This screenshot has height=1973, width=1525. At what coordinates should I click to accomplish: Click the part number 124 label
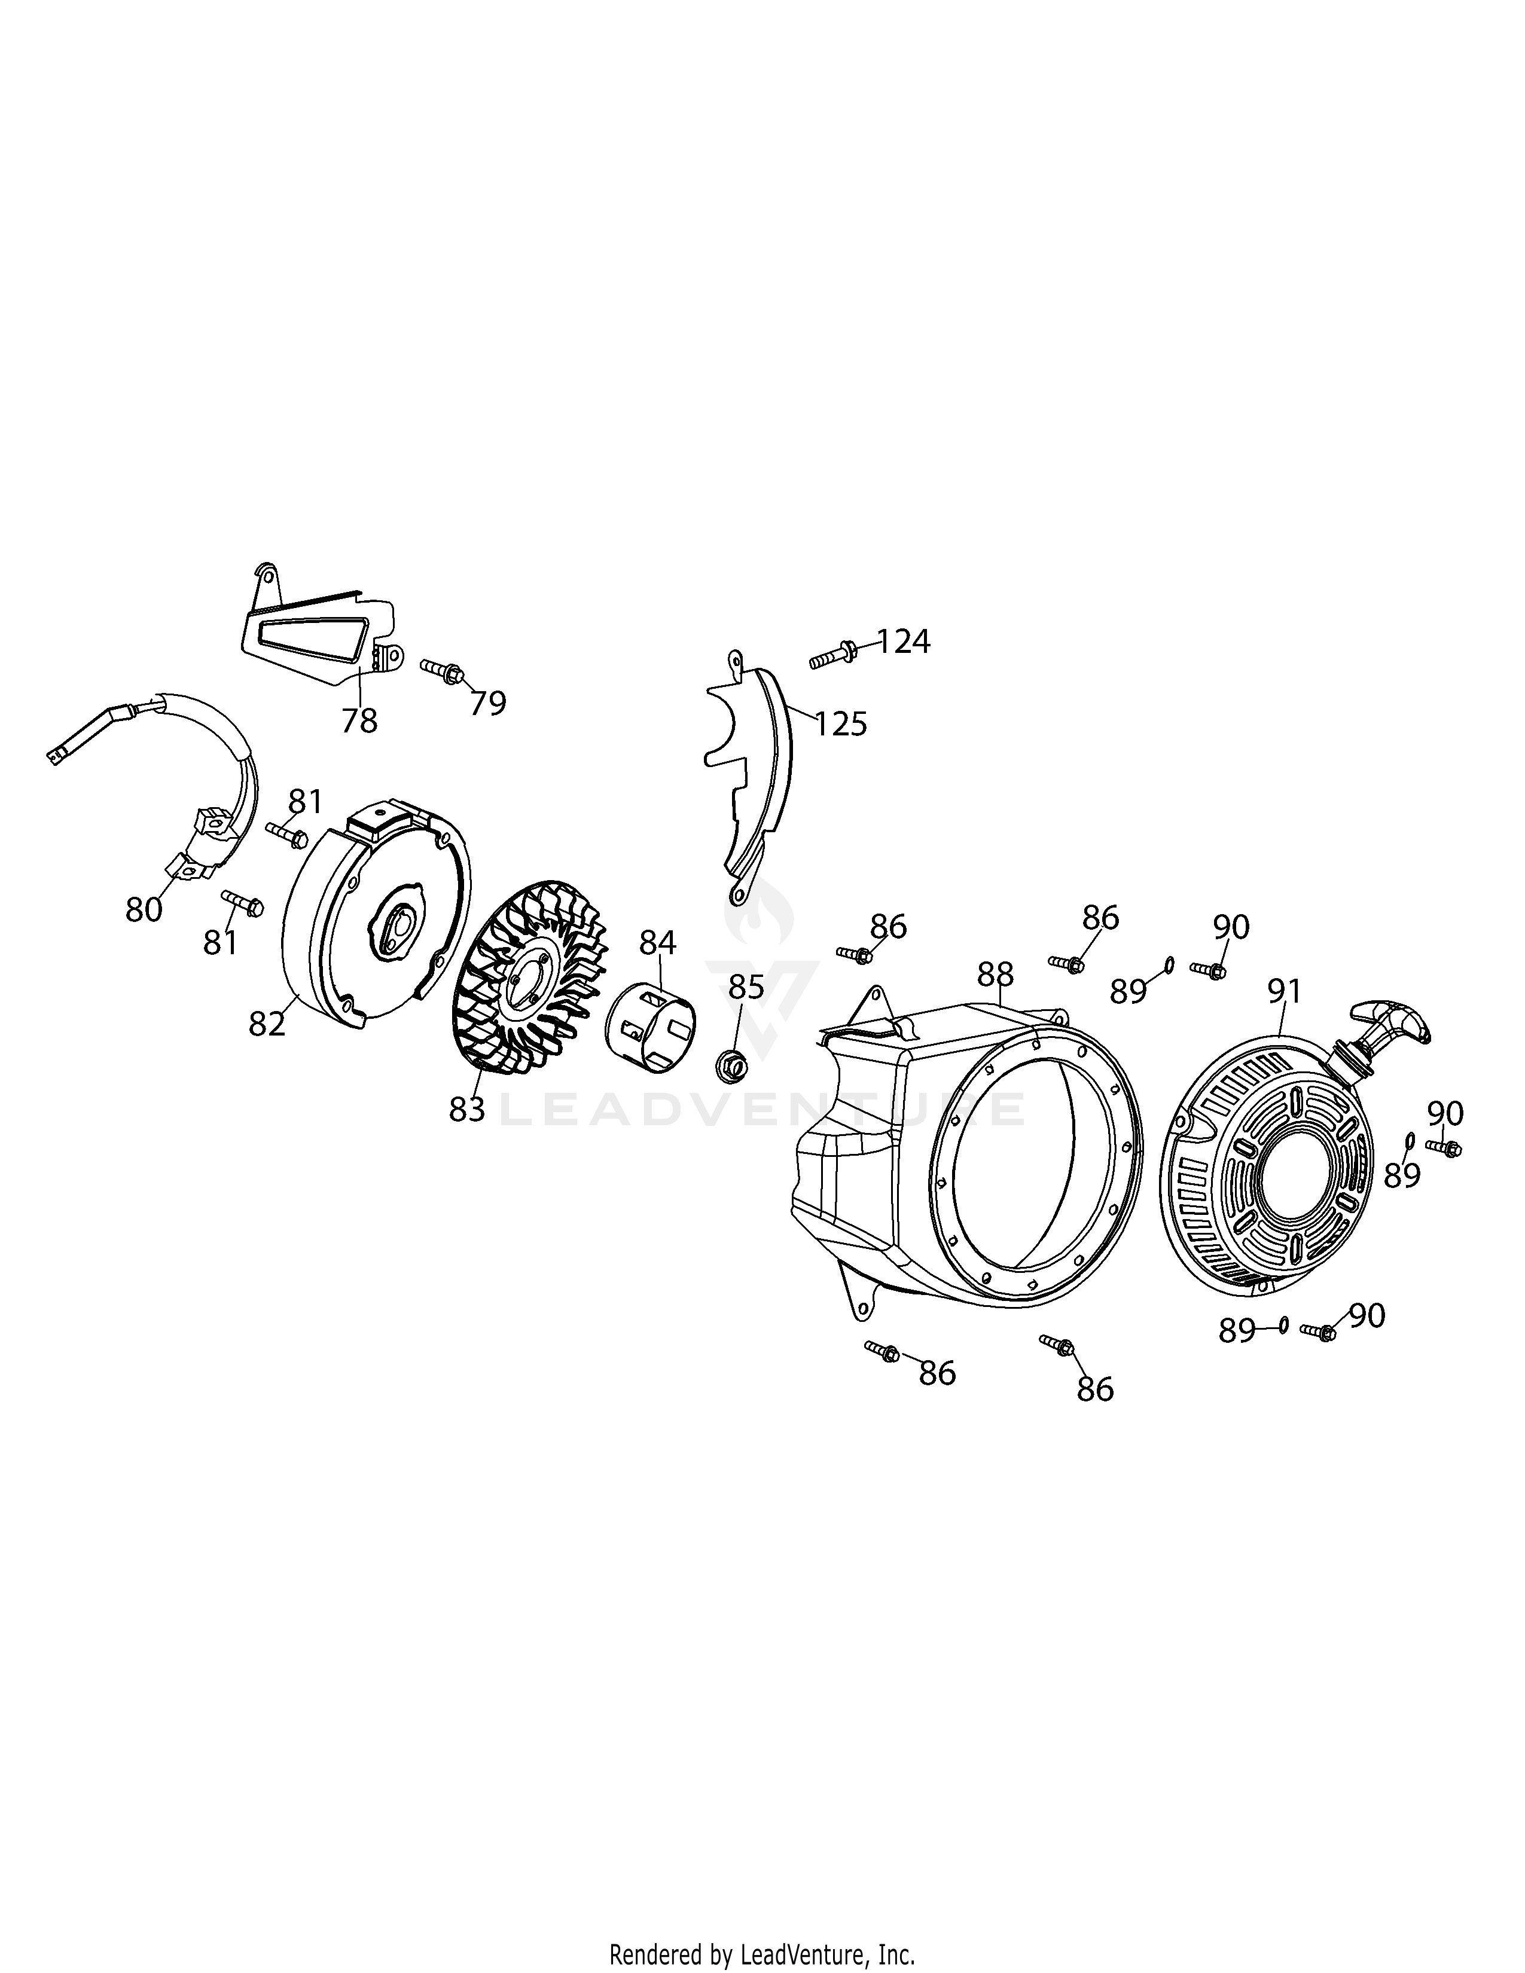[904, 642]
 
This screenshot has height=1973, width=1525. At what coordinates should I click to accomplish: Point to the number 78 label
[359, 721]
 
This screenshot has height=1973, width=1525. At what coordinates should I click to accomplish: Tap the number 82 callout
[267, 1024]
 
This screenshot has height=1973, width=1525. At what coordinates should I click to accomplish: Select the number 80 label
[144, 910]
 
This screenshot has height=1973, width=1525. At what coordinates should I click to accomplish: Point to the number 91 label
[1284, 991]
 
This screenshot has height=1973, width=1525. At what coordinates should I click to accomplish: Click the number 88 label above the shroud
[996, 974]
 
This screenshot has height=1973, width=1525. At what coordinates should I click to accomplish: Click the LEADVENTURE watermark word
[761, 1109]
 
